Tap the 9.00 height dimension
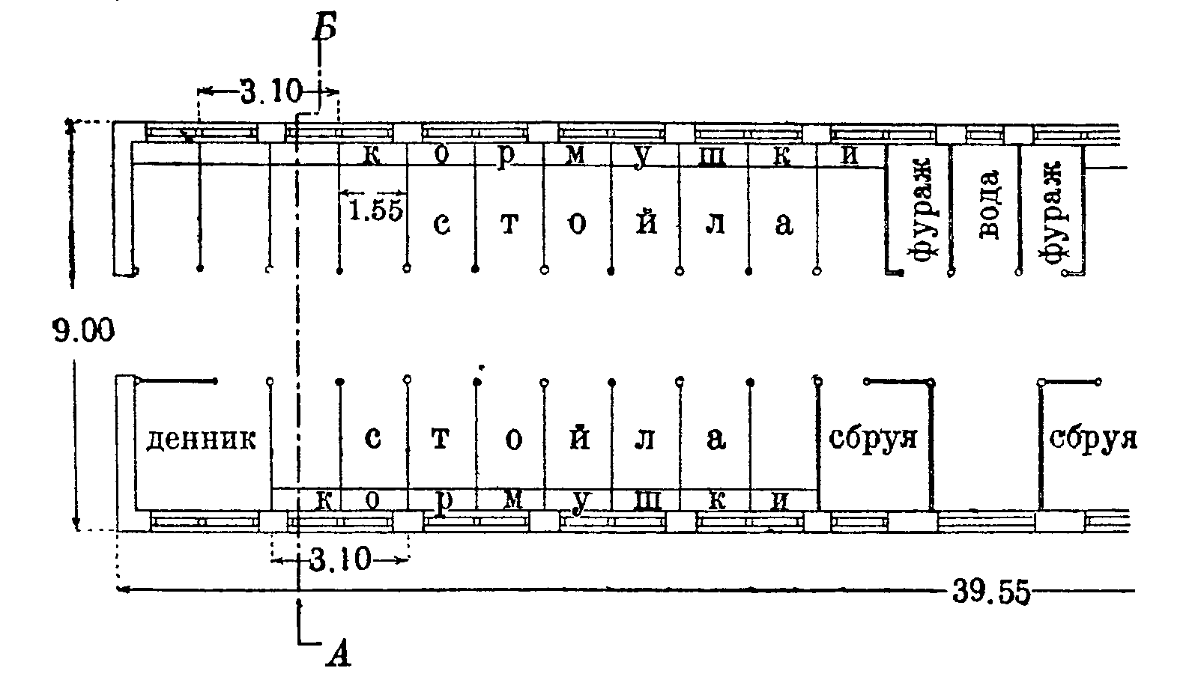coord(84,330)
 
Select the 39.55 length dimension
coord(991,592)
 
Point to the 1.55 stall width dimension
coord(375,210)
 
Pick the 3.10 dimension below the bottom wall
coord(340,560)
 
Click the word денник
coord(202,440)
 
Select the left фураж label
coord(920,210)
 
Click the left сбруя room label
coord(873,438)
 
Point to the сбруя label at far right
coord(1092,438)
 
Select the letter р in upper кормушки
coord(505,157)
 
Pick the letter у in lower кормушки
coord(579,503)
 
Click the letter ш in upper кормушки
coord(713,157)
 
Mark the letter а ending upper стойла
coord(784,224)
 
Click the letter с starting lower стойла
coord(372,438)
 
